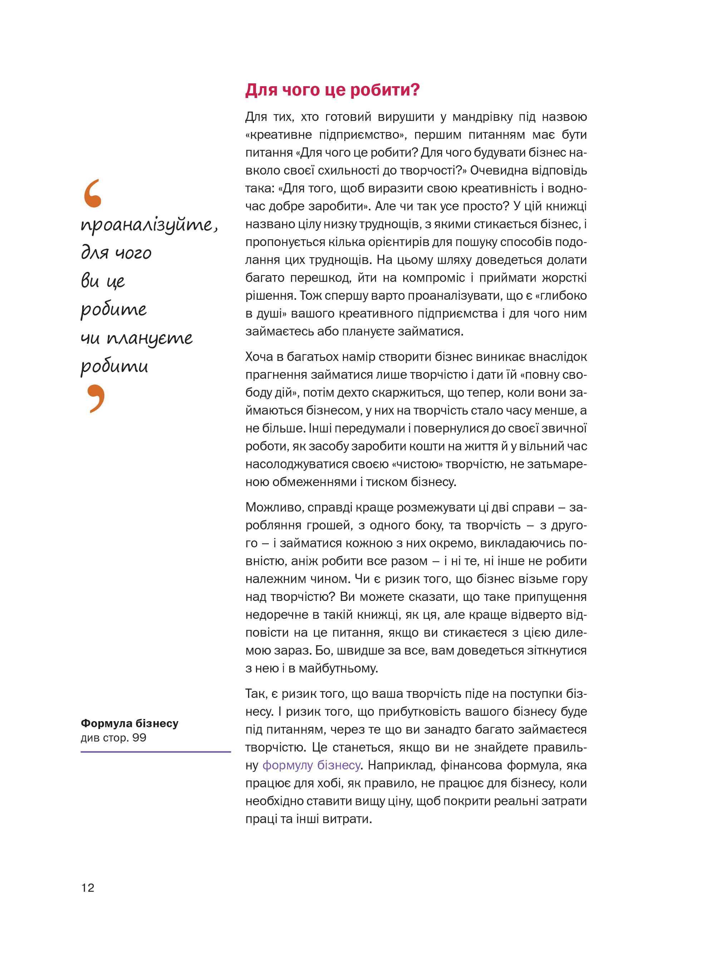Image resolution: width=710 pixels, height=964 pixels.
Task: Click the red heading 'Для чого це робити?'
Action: [332, 90]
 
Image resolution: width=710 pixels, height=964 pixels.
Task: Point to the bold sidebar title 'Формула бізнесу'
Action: [129, 723]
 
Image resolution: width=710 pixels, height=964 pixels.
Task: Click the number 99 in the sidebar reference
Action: [139, 738]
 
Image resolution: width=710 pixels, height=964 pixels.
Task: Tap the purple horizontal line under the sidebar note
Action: [156, 752]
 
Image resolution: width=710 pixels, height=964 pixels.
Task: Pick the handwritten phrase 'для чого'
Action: [116, 253]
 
